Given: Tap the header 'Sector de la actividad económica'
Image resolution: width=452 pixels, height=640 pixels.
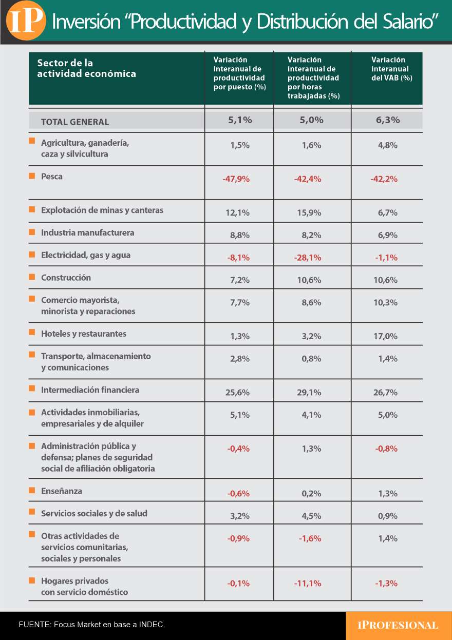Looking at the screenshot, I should [x=86, y=68].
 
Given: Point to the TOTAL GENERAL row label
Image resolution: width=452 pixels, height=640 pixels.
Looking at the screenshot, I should [x=75, y=122].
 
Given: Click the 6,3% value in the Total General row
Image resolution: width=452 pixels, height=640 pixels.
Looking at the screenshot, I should [x=388, y=120].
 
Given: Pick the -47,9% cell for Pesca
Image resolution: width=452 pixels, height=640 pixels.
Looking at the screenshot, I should [x=236, y=179].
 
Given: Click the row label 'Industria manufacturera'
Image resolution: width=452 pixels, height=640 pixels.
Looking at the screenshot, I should [x=87, y=232].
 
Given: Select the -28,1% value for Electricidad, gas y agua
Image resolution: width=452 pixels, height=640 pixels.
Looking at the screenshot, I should [x=308, y=258].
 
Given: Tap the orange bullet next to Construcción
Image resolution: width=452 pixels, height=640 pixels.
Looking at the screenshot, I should [x=32, y=277].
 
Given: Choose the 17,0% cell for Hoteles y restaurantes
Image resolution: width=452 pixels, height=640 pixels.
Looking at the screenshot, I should [x=388, y=336].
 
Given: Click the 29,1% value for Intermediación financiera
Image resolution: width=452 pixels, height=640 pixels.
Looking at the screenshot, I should [x=309, y=393].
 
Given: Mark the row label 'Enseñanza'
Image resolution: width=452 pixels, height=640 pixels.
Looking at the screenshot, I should [x=62, y=491].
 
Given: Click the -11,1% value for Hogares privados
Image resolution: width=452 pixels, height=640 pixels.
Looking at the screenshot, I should [x=308, y=583].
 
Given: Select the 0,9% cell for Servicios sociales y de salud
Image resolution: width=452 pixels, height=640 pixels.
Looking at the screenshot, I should [x=388, y=516].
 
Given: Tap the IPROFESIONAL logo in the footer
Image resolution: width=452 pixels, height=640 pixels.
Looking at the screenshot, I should [x=398, y=625].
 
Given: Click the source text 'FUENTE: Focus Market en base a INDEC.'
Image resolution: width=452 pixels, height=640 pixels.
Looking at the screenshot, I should [x=92, y=625].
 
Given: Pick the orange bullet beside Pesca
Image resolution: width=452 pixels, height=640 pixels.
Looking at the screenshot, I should [x=32, y=176].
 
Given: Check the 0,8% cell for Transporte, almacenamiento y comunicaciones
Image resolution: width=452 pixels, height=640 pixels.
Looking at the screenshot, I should [x=311, y=359].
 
